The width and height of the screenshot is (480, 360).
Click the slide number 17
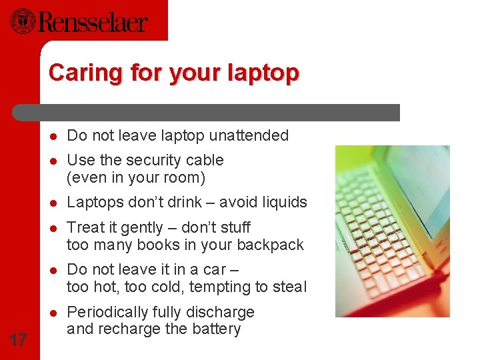pos(19,340)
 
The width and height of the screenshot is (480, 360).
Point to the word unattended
pos(249,136)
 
